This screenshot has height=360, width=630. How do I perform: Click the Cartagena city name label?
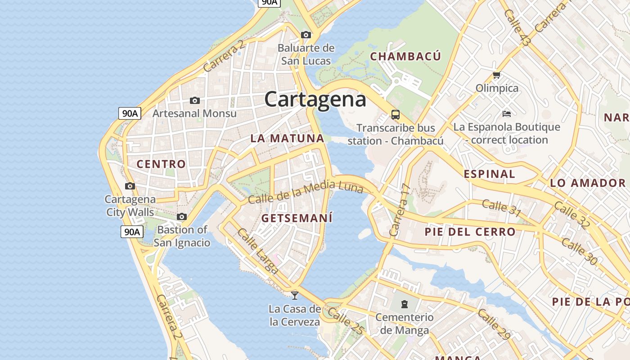(x=315, y=99)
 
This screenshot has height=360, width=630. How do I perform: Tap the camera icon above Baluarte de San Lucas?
(x=306, y=35)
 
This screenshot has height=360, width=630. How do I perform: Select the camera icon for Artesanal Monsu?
(x=195, y=100)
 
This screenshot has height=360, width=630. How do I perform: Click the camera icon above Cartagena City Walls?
(x=130, y=186)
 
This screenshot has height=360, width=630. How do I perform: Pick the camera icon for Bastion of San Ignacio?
(x=182, y=217)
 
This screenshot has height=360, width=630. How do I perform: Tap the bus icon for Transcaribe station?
(x=396, y=115)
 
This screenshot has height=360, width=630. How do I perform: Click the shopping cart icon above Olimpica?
(x=497, y=75)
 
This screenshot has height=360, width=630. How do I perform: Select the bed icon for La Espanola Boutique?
(x=506, y=114)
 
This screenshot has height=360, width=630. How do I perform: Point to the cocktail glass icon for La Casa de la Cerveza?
(x=295, y=296)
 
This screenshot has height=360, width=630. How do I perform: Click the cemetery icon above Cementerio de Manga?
(x=405, y=304)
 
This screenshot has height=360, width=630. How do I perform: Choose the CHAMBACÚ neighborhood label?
(x=405, y=56)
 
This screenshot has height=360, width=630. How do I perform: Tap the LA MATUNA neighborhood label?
(x=287, y=139)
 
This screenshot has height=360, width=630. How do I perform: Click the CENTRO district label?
(x=161, y=164)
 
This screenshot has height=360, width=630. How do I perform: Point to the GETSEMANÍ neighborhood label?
(x=297, y=219)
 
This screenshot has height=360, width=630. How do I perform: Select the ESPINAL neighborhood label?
(x=489, y=174)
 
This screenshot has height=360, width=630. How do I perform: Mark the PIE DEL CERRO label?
(x=470, y=232)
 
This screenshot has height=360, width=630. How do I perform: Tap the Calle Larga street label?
(x=258, y=251)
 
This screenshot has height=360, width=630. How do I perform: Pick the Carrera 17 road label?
(x=400, y=210)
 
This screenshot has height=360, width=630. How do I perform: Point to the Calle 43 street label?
(x=517, y=28)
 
